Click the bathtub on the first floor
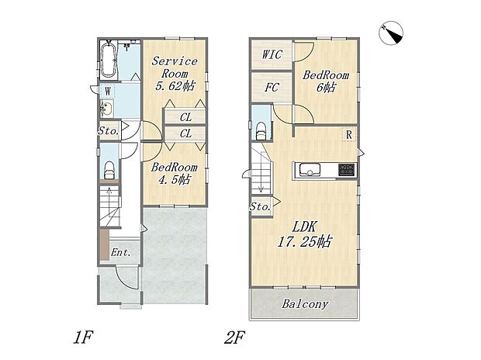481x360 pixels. (109, 60)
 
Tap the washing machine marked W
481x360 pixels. (108, 92)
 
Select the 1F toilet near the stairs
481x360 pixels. (109, 171)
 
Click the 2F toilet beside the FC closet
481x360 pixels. (261, 131)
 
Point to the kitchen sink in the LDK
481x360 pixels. (310, 170)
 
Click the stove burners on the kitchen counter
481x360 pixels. (348, 170)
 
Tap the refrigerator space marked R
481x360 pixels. (349, 135)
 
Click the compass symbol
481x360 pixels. (391, 34)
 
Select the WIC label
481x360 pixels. (272, 54)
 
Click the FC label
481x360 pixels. (272, 88)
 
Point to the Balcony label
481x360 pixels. (305, 304)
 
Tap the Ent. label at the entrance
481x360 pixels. (121, 253)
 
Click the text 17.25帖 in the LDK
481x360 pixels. (305, 242)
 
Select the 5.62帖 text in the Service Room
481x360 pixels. (175, 86)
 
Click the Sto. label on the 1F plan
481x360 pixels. (109, 131)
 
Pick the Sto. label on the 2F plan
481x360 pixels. (260, 206)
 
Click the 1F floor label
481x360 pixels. (82, 338)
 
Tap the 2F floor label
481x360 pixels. (234, 338)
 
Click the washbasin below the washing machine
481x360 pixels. (107, 109)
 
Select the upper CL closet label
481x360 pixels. (185, 117)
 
